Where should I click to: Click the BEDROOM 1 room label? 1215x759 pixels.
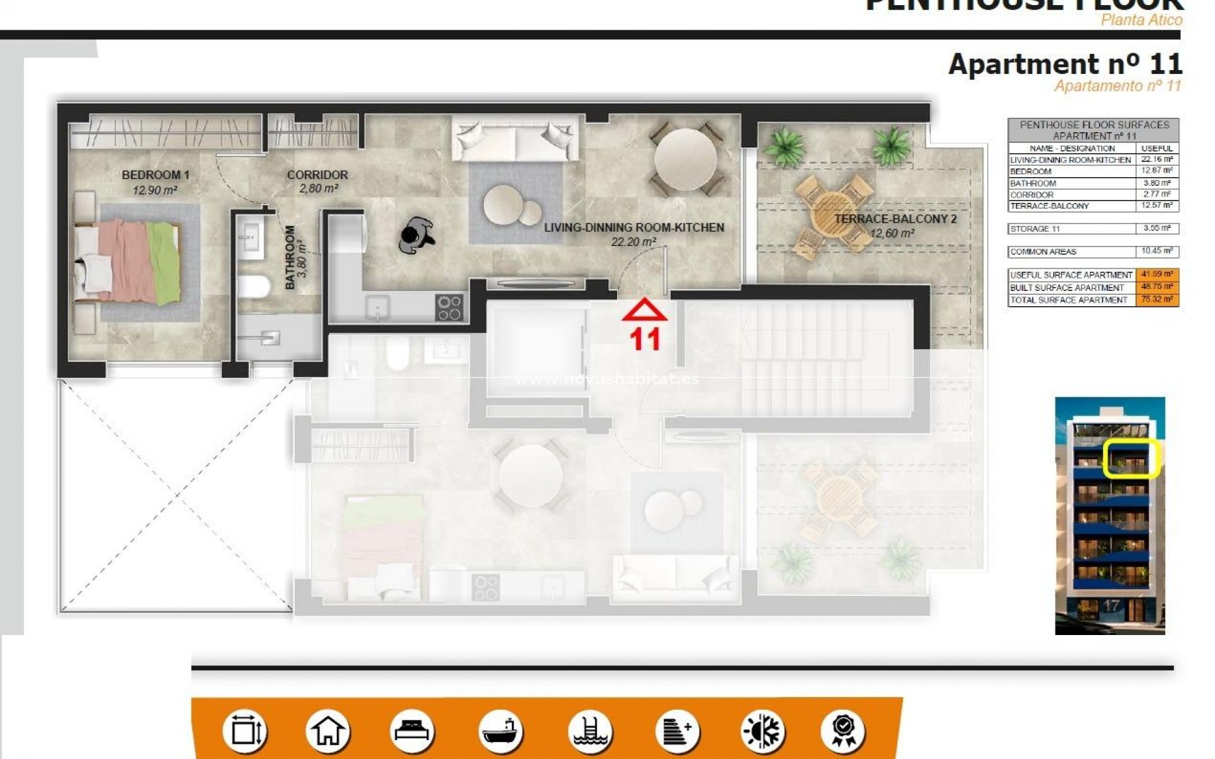pos(156,175)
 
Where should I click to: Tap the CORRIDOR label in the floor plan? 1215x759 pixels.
pos(317,175)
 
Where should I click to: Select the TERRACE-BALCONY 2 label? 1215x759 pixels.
pos(895,219)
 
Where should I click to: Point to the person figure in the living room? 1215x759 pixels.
pos(416,235)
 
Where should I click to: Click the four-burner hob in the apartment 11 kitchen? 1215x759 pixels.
pos(449,308)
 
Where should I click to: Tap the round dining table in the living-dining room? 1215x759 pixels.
pos(685,160)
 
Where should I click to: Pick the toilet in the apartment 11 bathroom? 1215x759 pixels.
pos(254,285)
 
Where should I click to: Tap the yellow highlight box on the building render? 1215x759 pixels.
pos(1131,459)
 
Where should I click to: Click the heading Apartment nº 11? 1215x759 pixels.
pos(1065,65)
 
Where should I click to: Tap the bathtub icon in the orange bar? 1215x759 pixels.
pos(500,731)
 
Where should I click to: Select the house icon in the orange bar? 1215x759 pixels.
pos(328,731)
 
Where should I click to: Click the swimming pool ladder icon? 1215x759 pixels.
pos(590,731)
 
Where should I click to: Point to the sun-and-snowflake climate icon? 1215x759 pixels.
pos(763,731)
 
